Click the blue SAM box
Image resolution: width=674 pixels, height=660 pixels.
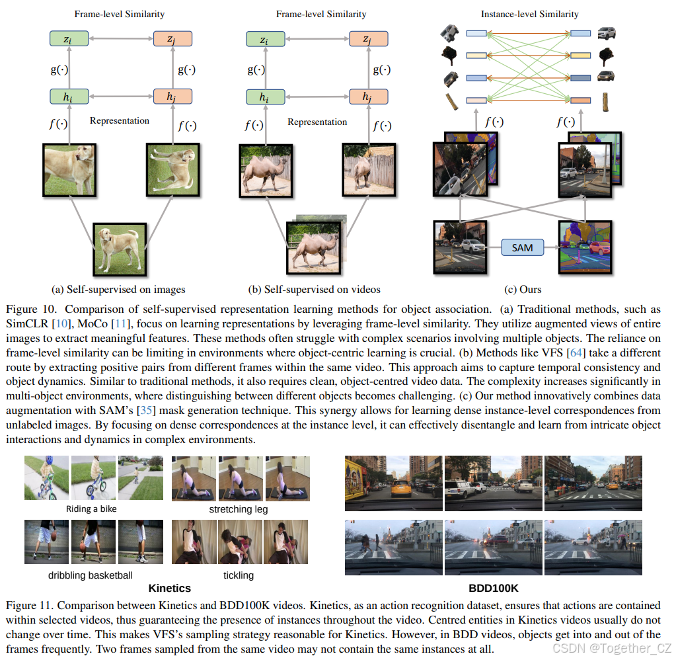click(522, 247)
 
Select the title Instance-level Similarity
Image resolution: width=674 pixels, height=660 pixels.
click(529, 14)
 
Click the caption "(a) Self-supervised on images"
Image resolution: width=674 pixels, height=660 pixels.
click(118, 289)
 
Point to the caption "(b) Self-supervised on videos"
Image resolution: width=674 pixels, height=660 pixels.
click(314, 289)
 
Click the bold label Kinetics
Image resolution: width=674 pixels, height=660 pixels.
click(170, 588)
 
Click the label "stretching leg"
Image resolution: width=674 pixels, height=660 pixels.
click(239, 509)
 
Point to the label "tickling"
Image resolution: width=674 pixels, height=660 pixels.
click(239, 575)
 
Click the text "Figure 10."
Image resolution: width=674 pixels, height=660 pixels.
click(27, 309)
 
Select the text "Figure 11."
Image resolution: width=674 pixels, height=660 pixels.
click(27, 605)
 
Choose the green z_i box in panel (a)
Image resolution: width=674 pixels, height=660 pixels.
click(69, 39)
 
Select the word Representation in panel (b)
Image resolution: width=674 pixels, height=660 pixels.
click(317, 122)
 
